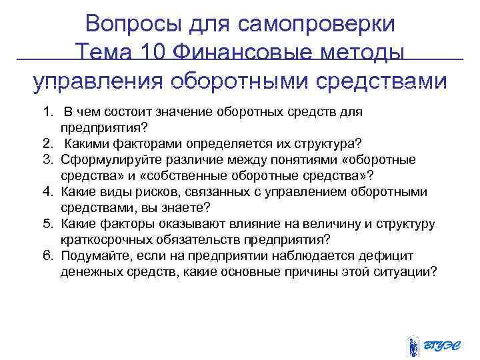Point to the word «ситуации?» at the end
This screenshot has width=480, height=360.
click(x=405, y=271)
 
